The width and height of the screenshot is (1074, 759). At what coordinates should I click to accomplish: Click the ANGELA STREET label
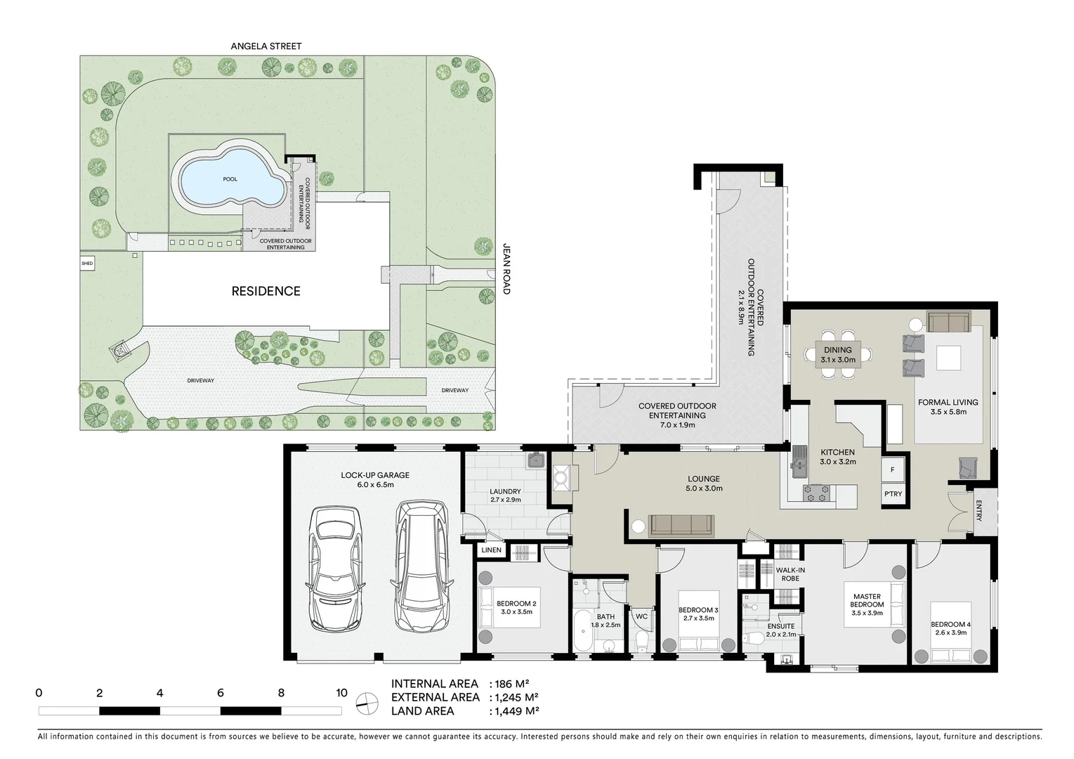click(266, 46)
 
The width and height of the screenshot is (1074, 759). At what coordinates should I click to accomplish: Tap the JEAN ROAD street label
click(506, 268)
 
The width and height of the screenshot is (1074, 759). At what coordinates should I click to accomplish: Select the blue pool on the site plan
click(230, 179)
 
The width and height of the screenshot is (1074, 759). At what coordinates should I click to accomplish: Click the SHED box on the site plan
click(87, 264)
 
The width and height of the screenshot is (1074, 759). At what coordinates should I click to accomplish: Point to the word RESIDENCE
click(266, 291)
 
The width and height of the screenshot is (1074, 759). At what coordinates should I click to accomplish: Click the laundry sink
click(536, 460)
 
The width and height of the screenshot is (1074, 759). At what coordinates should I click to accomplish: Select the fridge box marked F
click(893, 469)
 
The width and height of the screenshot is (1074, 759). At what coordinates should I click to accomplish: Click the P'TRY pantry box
click(893, 493)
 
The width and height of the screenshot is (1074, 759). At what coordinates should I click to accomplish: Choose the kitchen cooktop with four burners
click(816, 493)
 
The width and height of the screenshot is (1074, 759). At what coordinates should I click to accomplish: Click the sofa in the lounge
click(681, 526)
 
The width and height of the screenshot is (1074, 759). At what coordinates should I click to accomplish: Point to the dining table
click(837, 354)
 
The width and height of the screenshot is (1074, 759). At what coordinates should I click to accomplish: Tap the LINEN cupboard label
click(491, 550)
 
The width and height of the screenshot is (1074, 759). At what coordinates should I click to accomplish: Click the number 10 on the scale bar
click(341, 693)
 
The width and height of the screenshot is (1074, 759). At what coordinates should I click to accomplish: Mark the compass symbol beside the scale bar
click(367, 703)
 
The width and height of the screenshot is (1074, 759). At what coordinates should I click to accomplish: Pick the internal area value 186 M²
click(511, 684)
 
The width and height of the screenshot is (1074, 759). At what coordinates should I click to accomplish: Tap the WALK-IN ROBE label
click(790, 574)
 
